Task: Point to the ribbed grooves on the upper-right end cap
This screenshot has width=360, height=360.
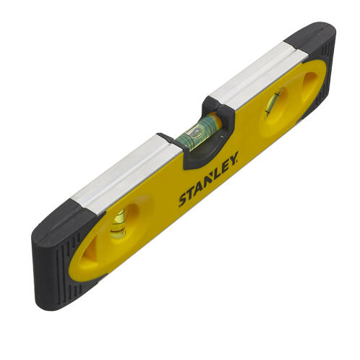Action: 330,69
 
